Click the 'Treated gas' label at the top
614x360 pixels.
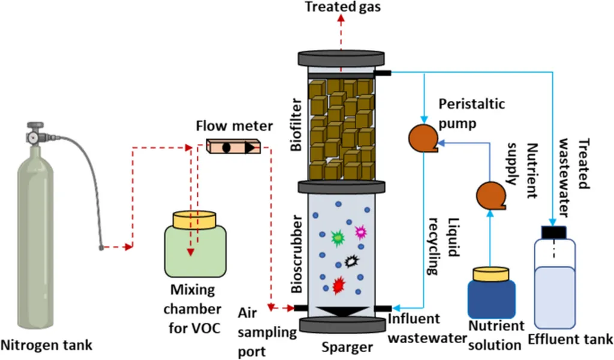click(x=342, y=7)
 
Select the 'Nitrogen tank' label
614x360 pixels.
click(x=47, y=345)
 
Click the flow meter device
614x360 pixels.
click(x=234, y=146)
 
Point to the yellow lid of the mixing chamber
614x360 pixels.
click(x=194, y=220)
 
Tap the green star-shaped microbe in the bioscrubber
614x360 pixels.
click(x=338, y=238)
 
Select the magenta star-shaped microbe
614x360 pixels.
click(x=361, y=231)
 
